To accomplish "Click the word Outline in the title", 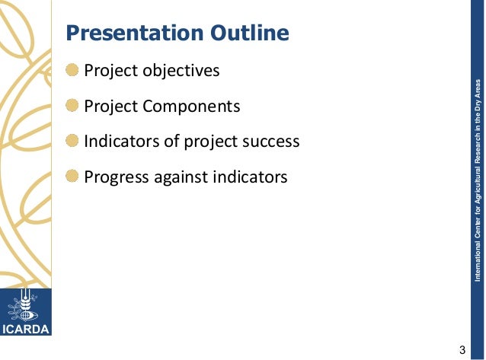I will [251, 34].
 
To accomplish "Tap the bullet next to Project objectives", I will [72, 71].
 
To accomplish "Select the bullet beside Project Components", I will [72, 106].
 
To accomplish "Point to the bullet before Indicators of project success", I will [72, 142].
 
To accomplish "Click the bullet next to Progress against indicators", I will [72, 177].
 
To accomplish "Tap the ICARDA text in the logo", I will [26, 330].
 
